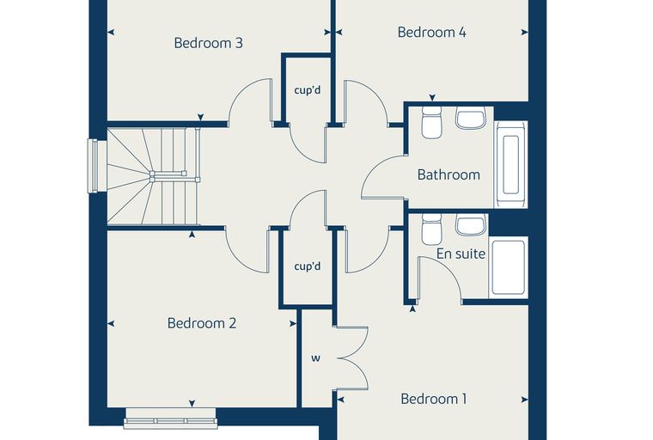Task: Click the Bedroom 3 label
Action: pyautogui.click(x=208, y=43)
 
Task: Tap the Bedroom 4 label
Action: pyautogui.click(x=432, y=32)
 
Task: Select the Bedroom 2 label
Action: pyautogui.click(x=202, y=323)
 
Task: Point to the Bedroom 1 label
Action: pyautogui.click(x=434, y=399)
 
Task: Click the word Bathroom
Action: pyautogui.click(x=449, y=174)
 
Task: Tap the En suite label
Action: pyautogui.click(x=461, y=254)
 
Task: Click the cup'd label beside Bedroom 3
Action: pyautogui.click(x=308, y=90)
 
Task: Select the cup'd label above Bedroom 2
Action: pyautogui.click(x=308, y=266)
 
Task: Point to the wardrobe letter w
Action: pyautogui.click(x=316, y=358)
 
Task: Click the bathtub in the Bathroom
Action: pyautogui.click(x=511, y=165)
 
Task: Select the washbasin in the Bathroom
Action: pyautogui.click(x=471, y=118)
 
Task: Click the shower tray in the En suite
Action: pyautogui.click(x=508, y=267)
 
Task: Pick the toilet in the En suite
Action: pyautogui.click(x=431, y=229)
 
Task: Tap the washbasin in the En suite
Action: pyautogui.click(x=471, y=225)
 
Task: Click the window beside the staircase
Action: pyautogui.click(x=93, y=166)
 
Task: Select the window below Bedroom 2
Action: pyautogui.click(x=170, y=419)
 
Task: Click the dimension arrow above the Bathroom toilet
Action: pyautogui.click(x=432, y=97)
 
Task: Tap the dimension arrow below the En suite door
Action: pyautogui.click(x=412, y=309)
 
